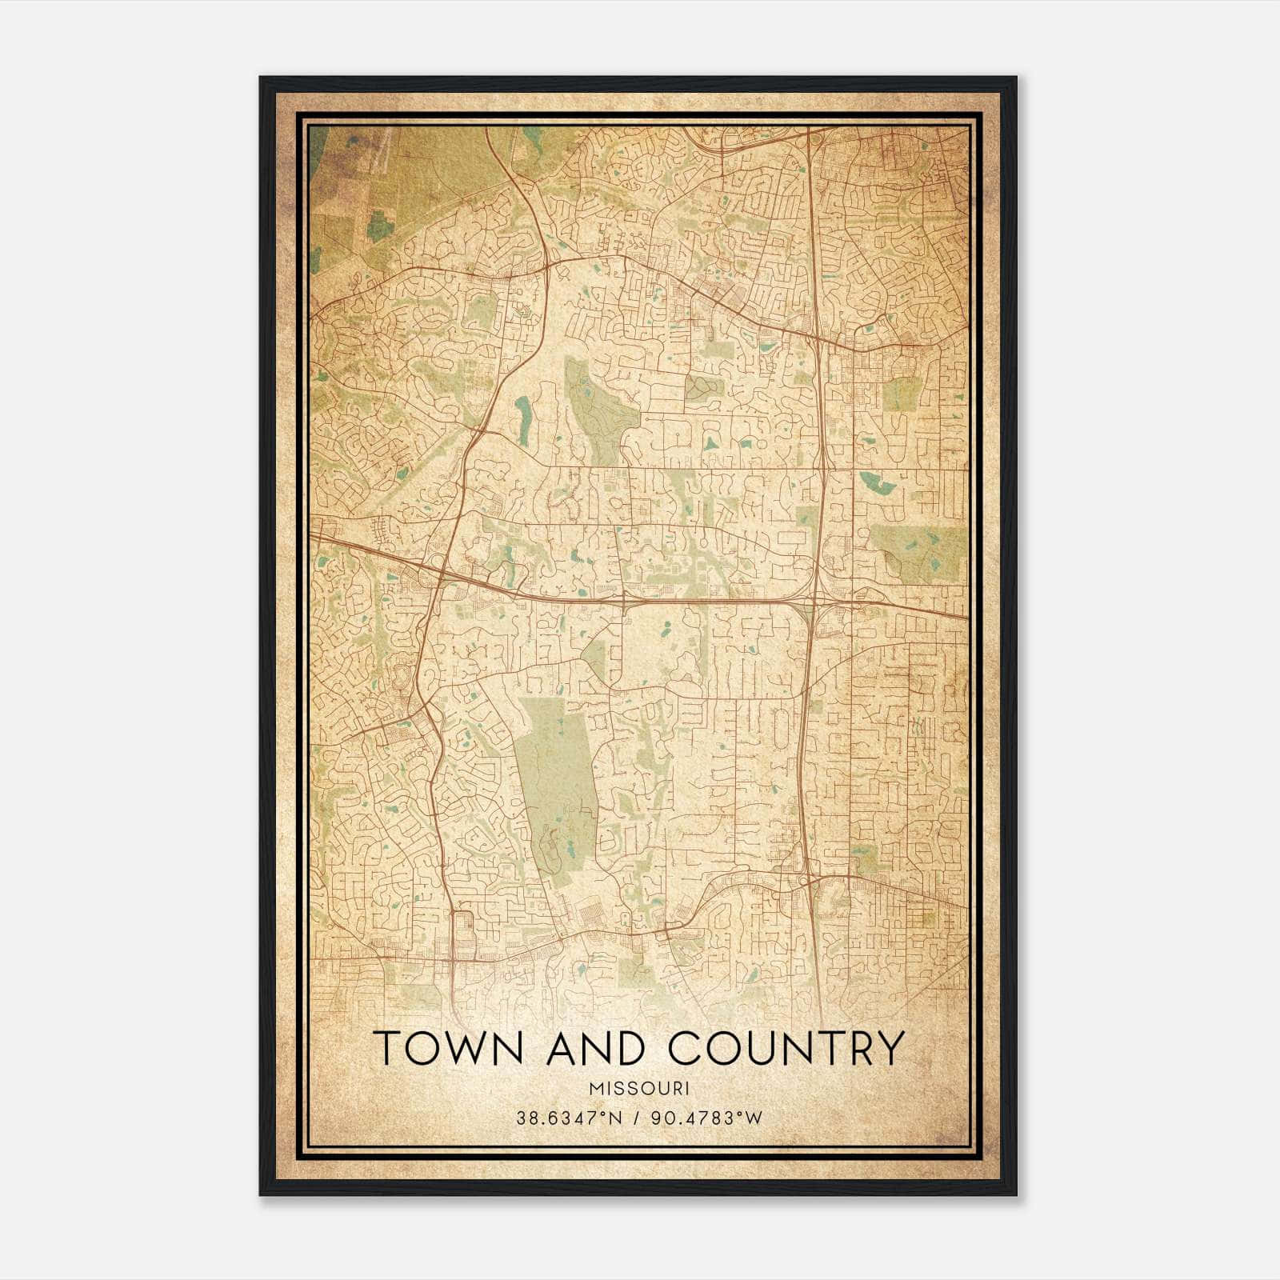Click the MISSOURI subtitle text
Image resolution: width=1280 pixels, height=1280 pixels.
pos(639,1088)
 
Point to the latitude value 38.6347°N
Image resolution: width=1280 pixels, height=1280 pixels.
pos(569,1118)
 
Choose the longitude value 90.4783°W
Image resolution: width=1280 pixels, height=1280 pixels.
pos(705,1118)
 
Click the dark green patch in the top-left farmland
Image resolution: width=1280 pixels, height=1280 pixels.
pos(381,226)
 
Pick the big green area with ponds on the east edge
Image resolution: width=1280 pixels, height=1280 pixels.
pos(920,552)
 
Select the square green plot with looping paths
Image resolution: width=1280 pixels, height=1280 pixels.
pos(703,389)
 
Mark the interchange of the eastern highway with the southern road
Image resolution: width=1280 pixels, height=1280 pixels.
pos(808,880)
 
